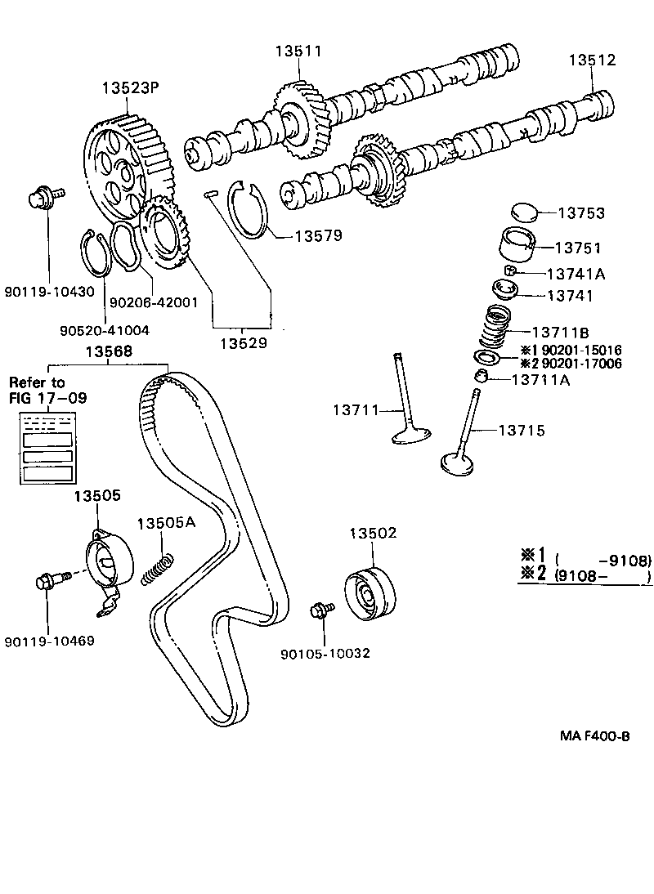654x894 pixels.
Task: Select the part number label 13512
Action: [593, 60]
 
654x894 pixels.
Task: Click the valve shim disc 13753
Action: [524, 212]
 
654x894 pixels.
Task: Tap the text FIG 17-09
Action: [48, 399]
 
